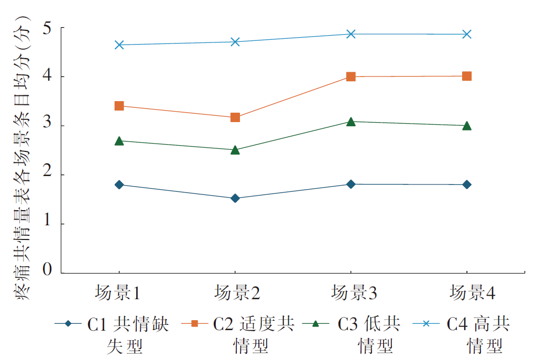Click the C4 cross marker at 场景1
pos(119,45)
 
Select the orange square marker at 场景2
pos(235,117)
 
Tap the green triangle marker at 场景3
pos(351,122)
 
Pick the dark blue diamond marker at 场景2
pos(235,198)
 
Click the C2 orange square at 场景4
pos(467,76)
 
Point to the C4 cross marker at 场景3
pos(351,34)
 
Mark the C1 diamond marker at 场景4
pos(467,184)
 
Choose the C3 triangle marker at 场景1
pos(119,140)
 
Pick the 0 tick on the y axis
pos(47,270)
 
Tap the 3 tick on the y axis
pos(47,126)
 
